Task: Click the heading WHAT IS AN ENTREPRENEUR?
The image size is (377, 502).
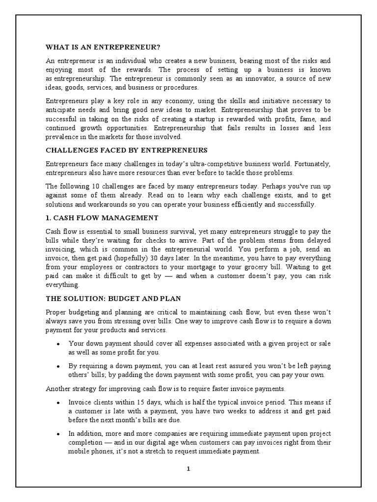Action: pos(103,47)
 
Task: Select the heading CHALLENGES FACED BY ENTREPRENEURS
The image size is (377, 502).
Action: pos(127,150)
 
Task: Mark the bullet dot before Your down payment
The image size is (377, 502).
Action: pos(58,344)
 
